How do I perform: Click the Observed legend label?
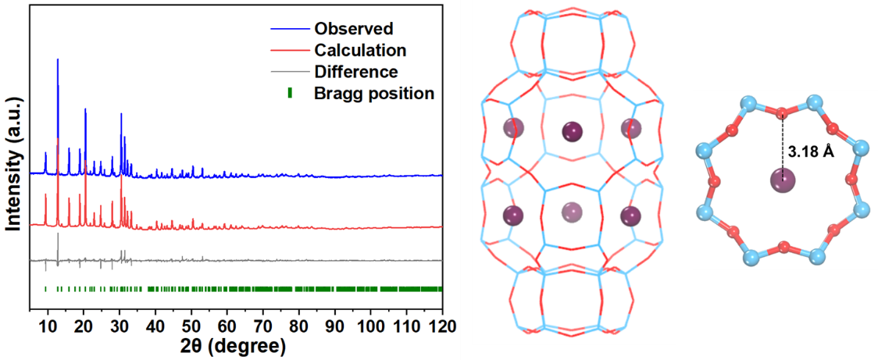point(353,30)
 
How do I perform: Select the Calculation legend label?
point(360,51)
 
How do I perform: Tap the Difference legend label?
point(355,72)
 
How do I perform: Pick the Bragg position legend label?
point(373,94)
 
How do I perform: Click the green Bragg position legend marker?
point(291,93)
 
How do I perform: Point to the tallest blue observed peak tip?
point(58,59)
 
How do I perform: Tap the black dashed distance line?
point(782,144)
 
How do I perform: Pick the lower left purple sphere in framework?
point(513,214)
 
